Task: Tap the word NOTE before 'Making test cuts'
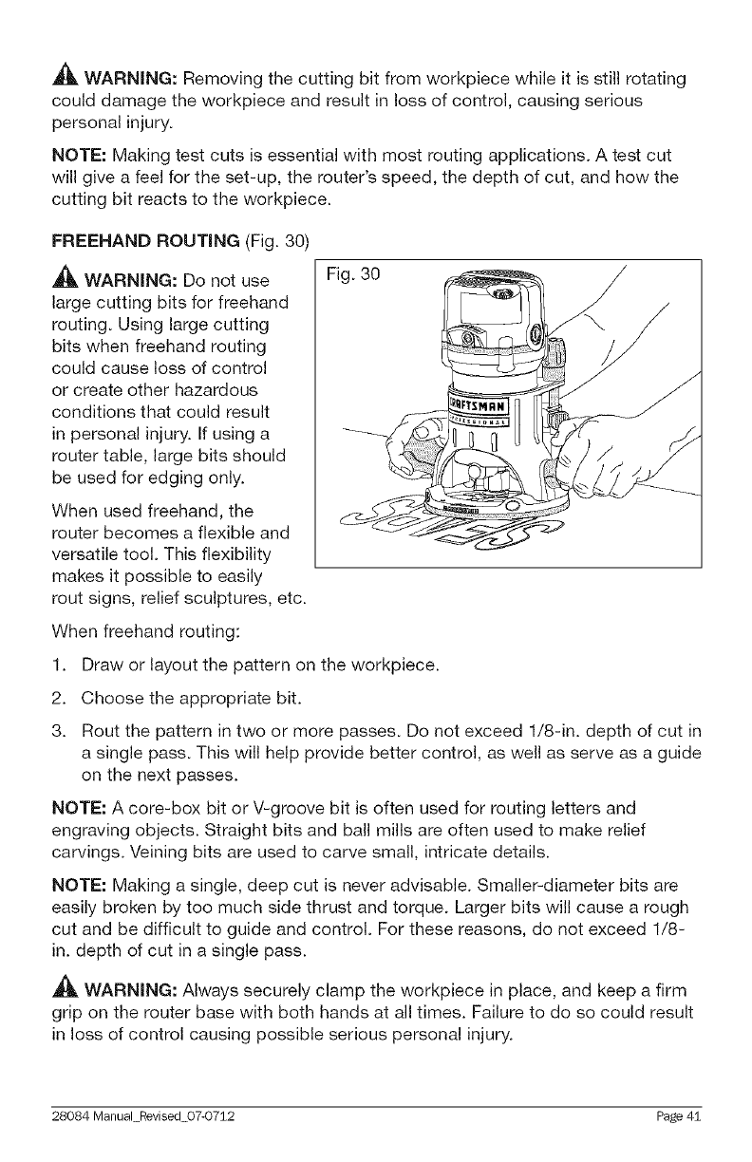pyautogui.click(x=78, y=154)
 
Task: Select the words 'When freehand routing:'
pyautogui.click(x=129, y=630)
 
